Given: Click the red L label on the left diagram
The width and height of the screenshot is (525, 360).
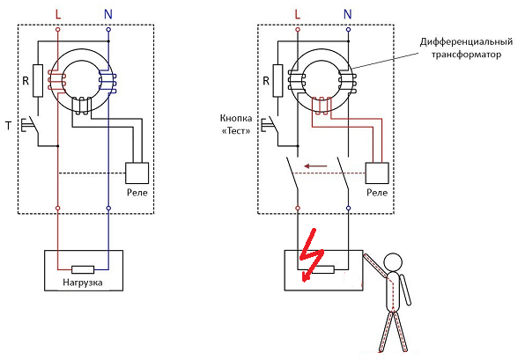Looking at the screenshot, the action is point(58,14).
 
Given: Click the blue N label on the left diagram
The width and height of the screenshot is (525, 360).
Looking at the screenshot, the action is point(108,14).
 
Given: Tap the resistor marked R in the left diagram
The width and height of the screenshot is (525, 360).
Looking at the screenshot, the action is point(38,81).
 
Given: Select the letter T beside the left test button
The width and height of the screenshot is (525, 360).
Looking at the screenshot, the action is point(9,126).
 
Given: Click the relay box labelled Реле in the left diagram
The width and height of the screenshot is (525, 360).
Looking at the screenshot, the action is point(137,173).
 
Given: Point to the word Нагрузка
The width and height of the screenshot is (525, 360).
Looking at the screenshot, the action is point(83,283).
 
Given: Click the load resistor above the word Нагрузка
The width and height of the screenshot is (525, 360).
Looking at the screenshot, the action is point(83,269).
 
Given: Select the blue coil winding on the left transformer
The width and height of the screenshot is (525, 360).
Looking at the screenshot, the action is point(107,82).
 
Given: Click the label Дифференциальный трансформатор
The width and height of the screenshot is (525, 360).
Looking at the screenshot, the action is point(466,48).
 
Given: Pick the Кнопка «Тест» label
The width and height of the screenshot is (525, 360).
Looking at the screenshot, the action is point(236,124).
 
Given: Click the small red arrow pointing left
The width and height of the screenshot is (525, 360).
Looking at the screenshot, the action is point(315,165).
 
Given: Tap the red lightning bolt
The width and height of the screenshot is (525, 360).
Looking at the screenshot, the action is point(311,255).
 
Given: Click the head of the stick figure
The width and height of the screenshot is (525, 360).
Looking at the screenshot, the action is point(392,261).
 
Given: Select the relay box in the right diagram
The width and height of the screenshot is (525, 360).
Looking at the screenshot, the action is point(377,173).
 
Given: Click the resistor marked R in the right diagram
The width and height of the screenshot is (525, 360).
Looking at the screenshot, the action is point(277,81).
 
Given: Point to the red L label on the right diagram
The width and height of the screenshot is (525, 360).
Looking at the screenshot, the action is point(298,14).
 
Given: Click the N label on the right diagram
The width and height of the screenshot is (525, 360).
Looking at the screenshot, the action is point(348,14).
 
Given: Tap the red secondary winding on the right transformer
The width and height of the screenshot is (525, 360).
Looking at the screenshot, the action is point(322,105).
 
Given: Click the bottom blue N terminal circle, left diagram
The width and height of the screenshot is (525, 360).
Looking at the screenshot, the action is point(108,208).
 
